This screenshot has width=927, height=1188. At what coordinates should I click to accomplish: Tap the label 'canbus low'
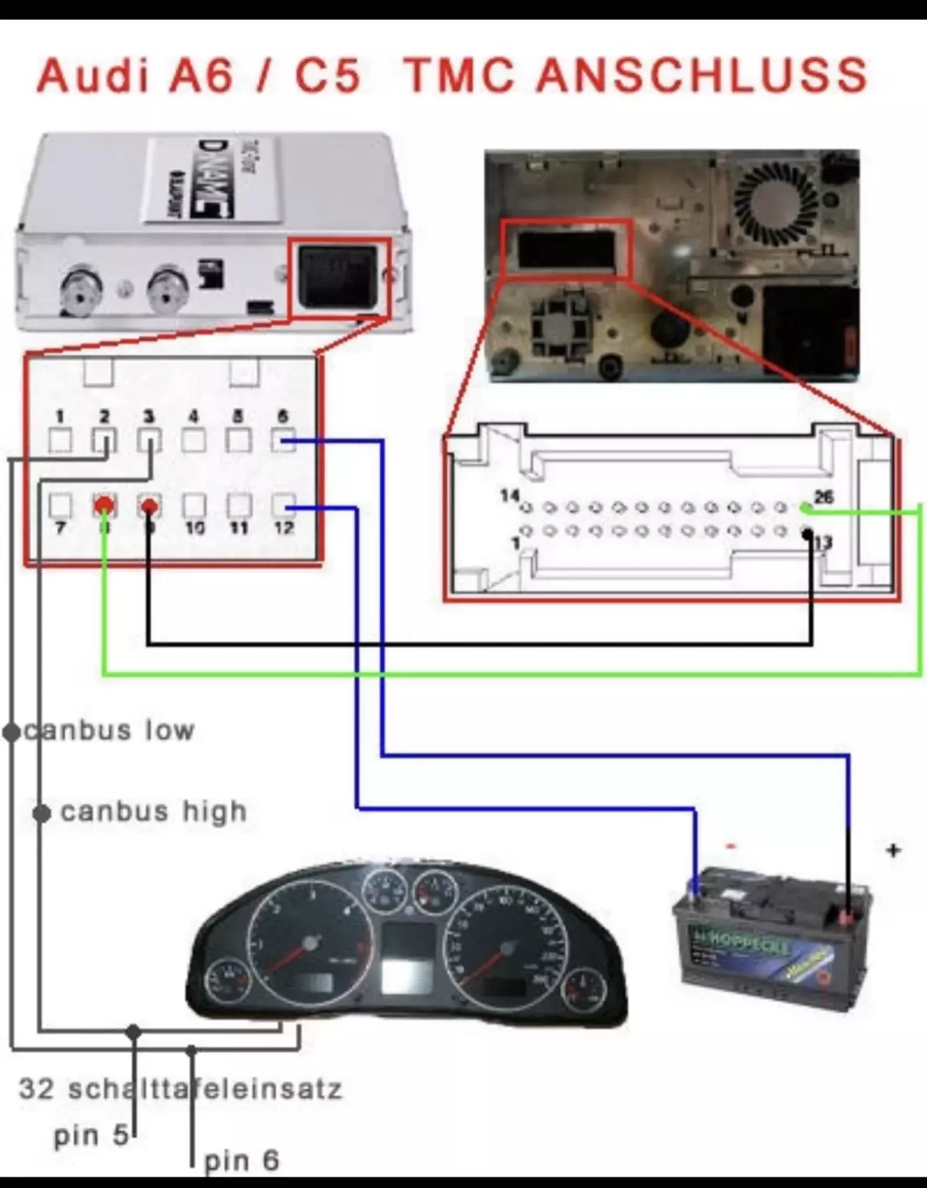point(109,731)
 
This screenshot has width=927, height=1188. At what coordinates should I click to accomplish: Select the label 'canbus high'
point(154,812)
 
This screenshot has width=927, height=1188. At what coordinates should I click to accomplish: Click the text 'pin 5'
point(91,1135)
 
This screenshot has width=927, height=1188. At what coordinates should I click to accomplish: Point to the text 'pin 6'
point(242,1161)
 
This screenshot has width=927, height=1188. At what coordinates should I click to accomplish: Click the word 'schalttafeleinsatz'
point(205,1089)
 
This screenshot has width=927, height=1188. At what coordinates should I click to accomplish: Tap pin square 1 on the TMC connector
point(60,440)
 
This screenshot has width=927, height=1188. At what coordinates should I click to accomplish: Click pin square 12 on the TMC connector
point(284,506)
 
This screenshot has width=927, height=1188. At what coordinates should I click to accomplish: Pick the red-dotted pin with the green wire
point(104,506)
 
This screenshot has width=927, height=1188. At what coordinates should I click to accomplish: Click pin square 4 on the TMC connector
point(193,440)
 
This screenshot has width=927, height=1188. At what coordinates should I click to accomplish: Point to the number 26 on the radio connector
point(824,496)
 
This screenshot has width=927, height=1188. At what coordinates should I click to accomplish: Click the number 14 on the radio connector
point(509,495)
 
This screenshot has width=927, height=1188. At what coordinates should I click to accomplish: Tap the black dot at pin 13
point(807,533)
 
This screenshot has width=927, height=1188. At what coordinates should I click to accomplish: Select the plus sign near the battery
point(893,850)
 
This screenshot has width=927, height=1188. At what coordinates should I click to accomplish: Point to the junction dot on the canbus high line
point(42,813)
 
